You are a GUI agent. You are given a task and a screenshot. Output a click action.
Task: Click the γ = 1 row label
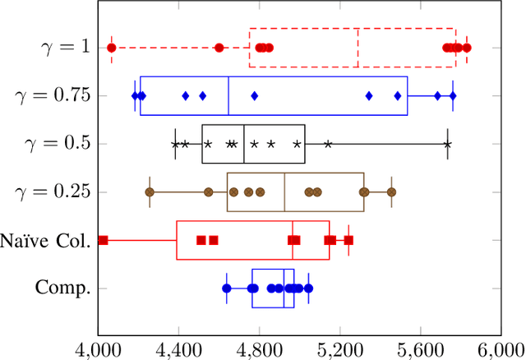65,46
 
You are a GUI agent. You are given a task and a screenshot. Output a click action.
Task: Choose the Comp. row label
62,288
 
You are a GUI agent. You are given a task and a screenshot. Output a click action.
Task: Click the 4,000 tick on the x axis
98,348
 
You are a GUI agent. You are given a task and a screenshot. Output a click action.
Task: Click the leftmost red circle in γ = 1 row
112,48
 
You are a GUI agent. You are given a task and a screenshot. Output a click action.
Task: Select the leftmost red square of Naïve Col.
104,240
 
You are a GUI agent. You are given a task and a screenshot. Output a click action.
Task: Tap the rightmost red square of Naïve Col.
348,240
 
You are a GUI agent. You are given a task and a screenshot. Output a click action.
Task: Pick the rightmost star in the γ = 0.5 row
447,144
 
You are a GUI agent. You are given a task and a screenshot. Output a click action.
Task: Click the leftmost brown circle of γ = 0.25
150,192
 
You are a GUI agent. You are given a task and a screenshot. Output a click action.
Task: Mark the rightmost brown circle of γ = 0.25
391,192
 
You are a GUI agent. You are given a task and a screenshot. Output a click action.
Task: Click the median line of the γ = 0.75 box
228,96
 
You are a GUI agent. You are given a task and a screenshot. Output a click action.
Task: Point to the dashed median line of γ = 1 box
358,48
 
